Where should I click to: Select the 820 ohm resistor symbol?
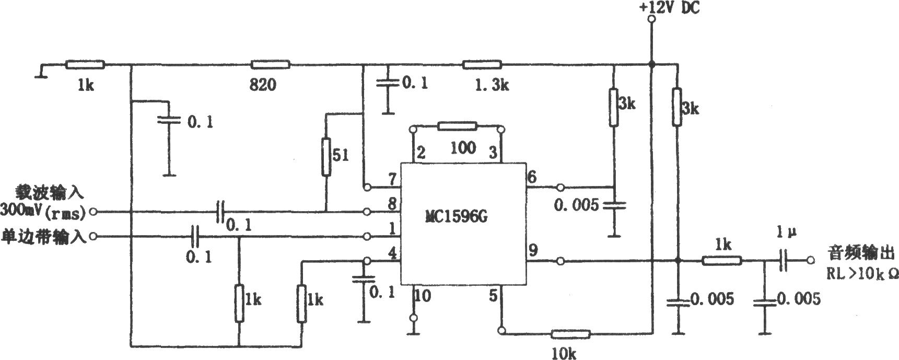(271, 65)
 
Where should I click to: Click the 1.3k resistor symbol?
(482, 65)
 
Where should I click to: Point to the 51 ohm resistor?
(326, 157)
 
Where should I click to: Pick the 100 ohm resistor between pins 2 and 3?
(458, 126)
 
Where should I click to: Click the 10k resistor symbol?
(571, 333)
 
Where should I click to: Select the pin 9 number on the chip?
(533, 250)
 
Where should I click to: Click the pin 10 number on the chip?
(423, 296)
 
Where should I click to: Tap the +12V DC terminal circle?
(651, 19)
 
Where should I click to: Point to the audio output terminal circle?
(811, 260)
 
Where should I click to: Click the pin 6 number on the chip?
(532, 177)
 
